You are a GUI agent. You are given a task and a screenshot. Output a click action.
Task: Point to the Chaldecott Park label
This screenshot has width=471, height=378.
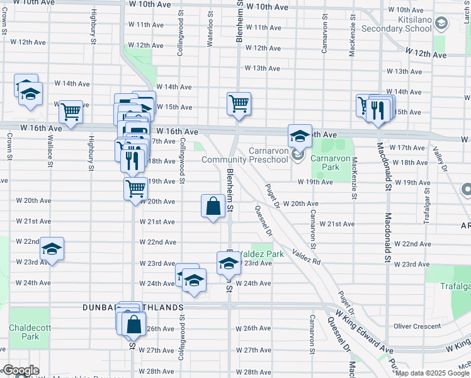[24, 332]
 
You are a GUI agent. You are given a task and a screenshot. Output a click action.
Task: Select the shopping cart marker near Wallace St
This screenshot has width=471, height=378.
[71, 112]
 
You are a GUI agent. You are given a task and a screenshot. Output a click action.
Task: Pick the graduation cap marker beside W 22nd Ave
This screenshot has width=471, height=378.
[52, 249]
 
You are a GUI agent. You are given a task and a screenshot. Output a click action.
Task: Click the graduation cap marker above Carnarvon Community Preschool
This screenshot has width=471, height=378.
[300, 135]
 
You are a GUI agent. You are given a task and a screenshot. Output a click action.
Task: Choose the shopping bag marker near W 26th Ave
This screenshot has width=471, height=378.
[133, 325]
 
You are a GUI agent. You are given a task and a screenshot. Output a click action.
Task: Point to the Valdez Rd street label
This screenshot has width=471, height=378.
[307, 258]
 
